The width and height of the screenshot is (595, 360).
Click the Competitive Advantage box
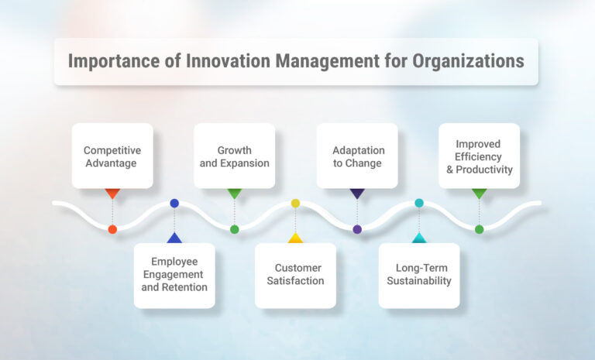112,156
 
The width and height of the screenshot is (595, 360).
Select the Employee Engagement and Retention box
174,276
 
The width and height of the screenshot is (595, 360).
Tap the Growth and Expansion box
234,156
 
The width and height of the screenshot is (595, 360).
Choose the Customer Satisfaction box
295,276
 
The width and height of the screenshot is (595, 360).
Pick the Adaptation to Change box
357,156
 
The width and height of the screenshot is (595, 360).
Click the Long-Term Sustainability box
419,276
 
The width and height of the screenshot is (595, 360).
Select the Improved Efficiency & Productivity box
479,156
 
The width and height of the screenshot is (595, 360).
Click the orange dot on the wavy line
112,229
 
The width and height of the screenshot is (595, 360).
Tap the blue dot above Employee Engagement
174,203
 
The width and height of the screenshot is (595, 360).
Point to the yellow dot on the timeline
295,203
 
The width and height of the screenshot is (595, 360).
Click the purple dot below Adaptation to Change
357,229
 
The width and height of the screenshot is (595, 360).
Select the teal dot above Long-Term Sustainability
419,203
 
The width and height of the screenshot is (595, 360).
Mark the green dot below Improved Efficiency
479,229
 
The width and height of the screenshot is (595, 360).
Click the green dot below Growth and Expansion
234,229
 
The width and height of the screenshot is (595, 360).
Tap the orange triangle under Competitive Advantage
112,194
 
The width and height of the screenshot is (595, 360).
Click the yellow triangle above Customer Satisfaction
295,238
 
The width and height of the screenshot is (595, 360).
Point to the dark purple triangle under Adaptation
357,194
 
